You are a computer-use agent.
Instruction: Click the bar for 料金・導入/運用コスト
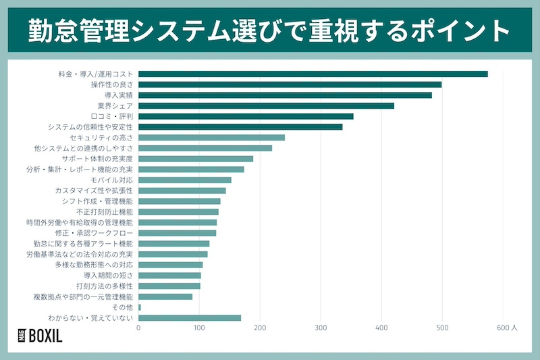(313, 74)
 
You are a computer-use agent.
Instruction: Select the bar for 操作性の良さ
(290, 84)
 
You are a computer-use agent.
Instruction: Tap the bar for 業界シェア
(266, 105)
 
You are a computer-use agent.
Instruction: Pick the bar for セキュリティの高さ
(211, 137)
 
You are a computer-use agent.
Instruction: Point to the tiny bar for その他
(140, 307)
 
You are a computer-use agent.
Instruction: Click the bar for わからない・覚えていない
(190, 317)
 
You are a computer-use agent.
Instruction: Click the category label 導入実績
(118, 95)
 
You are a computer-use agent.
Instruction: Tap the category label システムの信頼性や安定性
(90, 127)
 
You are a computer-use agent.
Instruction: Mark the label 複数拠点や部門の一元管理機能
(83, 297)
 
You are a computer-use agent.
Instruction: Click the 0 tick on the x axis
(138, 328)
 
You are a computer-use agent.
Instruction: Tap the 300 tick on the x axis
(321, 328)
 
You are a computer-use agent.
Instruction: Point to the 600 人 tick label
(506, 328)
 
